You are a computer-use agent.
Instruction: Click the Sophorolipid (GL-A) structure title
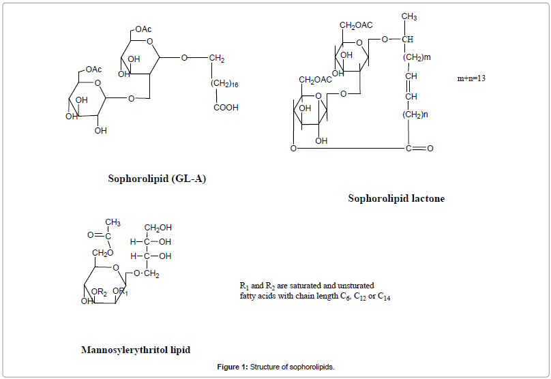pyautogui.click(x=157, y=179)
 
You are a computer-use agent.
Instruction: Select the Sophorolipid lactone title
pyautogui.click(x=396, y=198)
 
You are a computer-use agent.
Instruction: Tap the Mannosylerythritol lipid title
pyautogui.click(x=136, y=350)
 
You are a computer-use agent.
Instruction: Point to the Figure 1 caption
pyautogui.click(x=275, y=367)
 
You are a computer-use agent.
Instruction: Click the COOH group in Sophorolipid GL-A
pyautogui.click(x=226, y=108)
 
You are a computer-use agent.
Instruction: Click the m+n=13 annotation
pyautogui.click(x=471, y=78)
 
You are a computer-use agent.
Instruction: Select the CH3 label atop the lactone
pyautogui.click(x=409, y=16)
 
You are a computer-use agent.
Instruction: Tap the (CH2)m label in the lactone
pyautogui.click(x=416, y=57)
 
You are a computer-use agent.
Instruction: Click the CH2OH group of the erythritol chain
pyautogui.click(x=158, y=228)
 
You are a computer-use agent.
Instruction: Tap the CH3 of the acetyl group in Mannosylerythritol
pyautogui.click(x=113, y=222)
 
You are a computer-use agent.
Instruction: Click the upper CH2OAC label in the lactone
pyautogui.click(x=356, y=25)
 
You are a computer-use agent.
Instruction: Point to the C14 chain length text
pyautogui.click(x=384, y=297)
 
